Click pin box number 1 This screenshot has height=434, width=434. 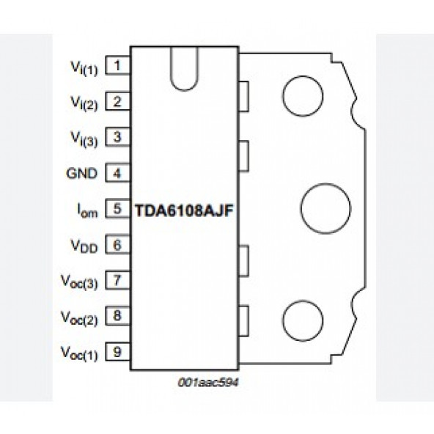point(117,66)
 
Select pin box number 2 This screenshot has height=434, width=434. point(117,102)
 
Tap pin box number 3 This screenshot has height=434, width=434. point(117,137)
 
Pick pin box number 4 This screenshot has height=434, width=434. point(117,174)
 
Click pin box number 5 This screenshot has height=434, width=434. point(117,209)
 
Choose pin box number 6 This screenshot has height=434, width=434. point(117,246)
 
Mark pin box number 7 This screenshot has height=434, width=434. point(117,281)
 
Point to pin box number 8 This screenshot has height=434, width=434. point(117,317)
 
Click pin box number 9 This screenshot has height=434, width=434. point(117,353)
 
